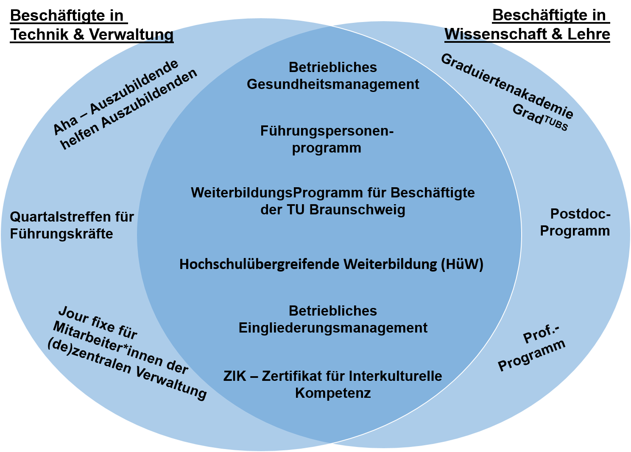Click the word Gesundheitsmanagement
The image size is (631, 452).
click(333, 84)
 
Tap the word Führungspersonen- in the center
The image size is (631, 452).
click(327, 131)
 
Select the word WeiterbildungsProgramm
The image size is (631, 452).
click(242, 193)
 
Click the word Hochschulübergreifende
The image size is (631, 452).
click(260, 264)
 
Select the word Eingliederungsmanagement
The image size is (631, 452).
click(333, 328)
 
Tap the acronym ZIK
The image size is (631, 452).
click(235, 376)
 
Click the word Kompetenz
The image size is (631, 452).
click(333, 393)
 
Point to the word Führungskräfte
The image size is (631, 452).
click(61, 234)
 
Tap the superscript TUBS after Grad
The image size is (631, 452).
click(556, 124)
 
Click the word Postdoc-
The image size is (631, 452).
click(580, 214)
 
